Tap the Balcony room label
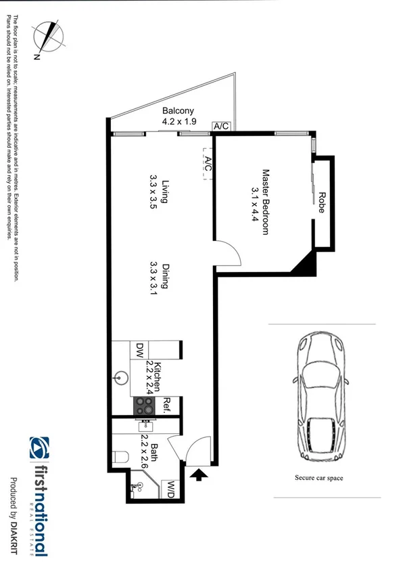pos(178,111)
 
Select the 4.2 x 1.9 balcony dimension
pos(178,122)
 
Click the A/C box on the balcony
pos(220,127)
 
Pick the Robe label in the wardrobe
pos(321,202)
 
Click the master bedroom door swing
pos(231,256)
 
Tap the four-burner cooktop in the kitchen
pos(144,405)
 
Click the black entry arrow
pos(198,478)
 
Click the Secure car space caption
pos(318,478)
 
